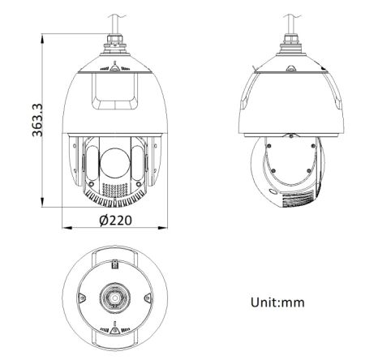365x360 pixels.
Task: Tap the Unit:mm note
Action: [277, 302]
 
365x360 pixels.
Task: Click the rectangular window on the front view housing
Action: [114, 89]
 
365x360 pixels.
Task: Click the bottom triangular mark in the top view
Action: [114, 330]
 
